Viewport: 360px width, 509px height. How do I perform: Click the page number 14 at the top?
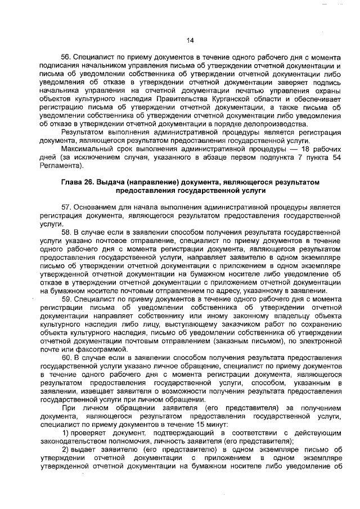tap(190, 40)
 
